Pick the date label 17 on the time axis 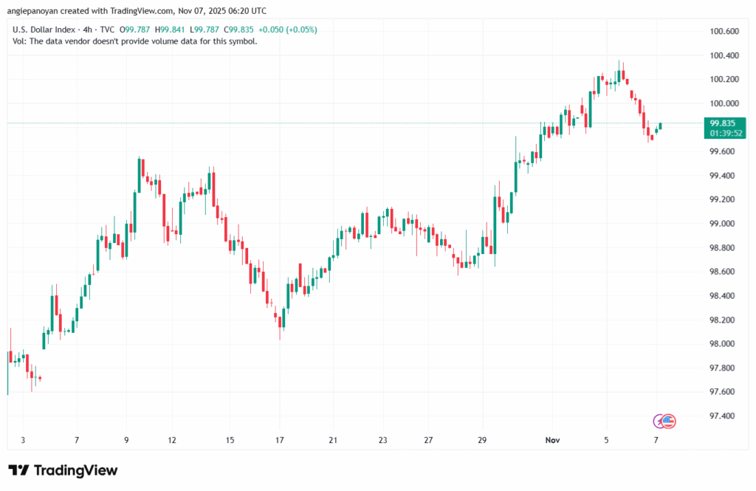coord(281,440)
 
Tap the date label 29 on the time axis coord(482,440)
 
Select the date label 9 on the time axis coord(126,440)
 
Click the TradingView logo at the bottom coord(63,470)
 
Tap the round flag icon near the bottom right coord(669,421)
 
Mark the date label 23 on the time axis coord(382,440)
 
